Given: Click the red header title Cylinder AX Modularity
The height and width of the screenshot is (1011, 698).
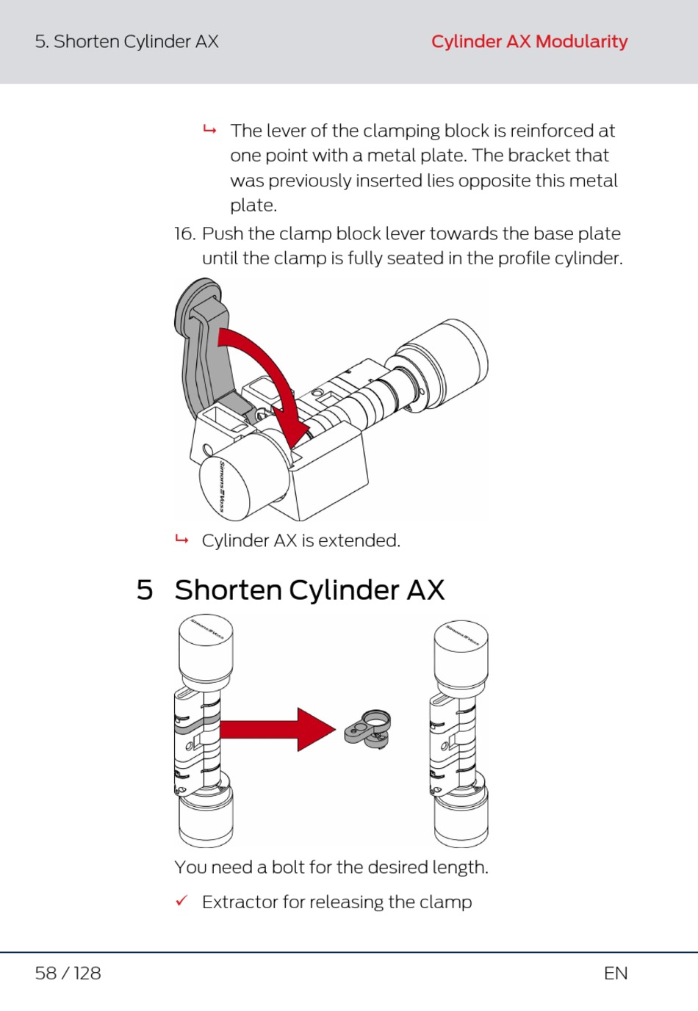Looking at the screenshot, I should pyautogui.click(x=529, y=42).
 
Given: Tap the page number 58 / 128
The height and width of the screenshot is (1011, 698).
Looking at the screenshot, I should pyautogui.click(x=68, y=973).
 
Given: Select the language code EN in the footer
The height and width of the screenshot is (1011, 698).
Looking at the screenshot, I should pyautogui.click(x=615, y=973).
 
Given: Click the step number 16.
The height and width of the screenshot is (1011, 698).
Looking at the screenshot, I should pyautogui.click(x=184, y=233).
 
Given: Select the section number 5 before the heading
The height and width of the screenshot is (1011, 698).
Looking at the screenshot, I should pyautogui.click(x=145, y=590).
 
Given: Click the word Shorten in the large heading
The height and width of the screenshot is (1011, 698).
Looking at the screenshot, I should pyautogui.click(x=228, y=590).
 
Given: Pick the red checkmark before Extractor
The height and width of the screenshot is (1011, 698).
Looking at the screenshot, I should pyautogui.click(x=181, y=901).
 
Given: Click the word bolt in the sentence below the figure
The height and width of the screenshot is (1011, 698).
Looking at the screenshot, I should pyautogui.click(x=288, y=867).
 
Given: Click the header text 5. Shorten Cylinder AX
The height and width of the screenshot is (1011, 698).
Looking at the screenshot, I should pyautogui.click(x=126, y=42).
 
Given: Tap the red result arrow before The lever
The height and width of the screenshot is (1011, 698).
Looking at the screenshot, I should pyautogui.click(x=210, y=131).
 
